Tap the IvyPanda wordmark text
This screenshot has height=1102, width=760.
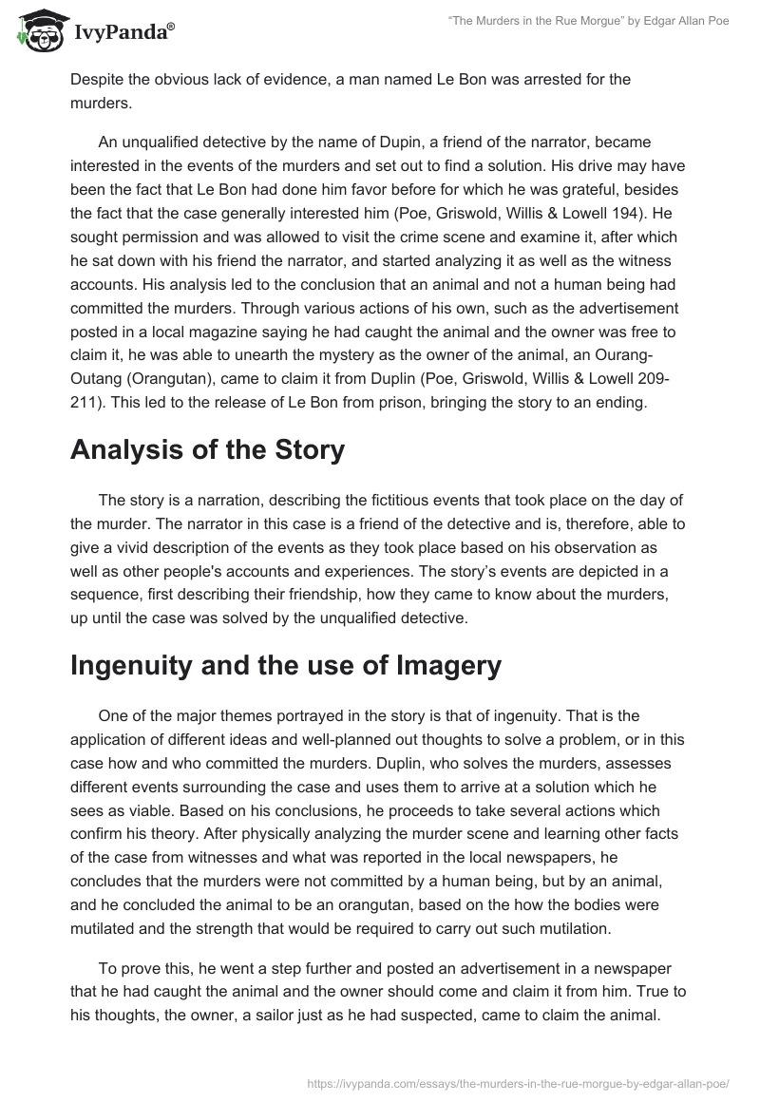(121, 34)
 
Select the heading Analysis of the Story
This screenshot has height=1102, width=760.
(207, 450)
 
